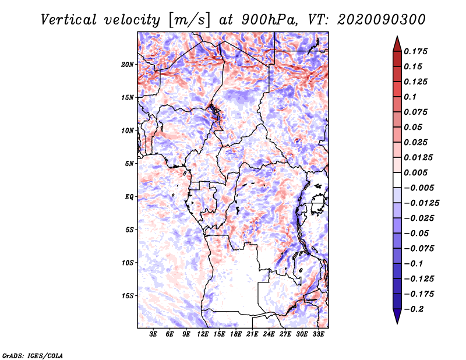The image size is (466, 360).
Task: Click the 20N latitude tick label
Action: pyautogui.click(x=128, y=64)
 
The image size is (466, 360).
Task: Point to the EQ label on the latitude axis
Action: pyautogui.click(x=129, y=197)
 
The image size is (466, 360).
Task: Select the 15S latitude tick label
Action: pyautogui.click(x=128, y=296)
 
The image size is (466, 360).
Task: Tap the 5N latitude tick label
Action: pyautogui.click(x=129, y=164)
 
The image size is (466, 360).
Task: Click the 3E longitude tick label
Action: pyautogui.click(x=153, y=335)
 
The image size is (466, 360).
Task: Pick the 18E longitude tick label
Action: pyautogui.click(x=236, y=335)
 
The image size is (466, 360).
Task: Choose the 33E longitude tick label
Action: pyautogui.click(x=319, y=335)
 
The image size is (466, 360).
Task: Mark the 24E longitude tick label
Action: pyautogui.click(x=269, y=335)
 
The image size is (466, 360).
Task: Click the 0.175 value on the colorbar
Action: pyautogui.click(x=417, y=52)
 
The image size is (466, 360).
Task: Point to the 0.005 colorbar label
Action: pyautogui.click(x=417, y=173)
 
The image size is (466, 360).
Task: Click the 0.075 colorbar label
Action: pyautogui.click(x=417, y=112)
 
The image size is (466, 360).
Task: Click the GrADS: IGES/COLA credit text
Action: pyautogui.click(x=32, y=355)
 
